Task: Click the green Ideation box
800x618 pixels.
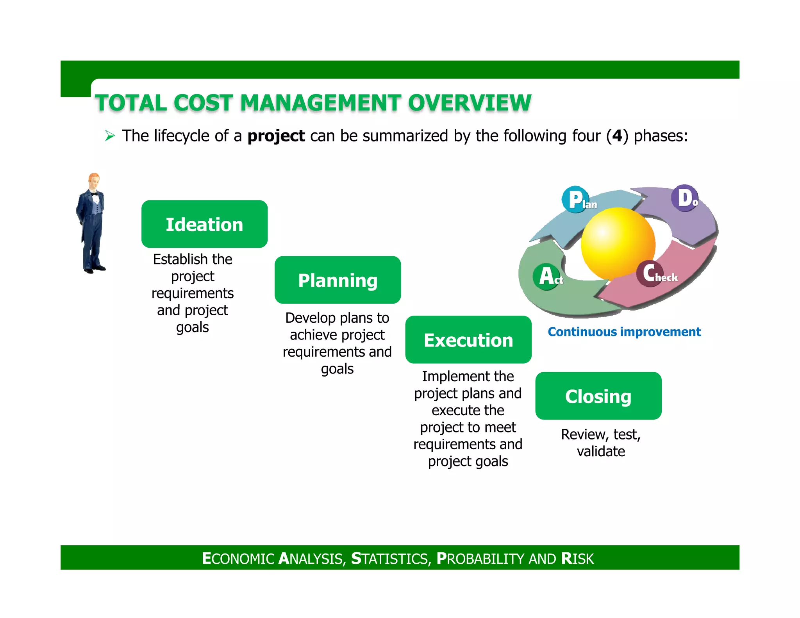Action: coord(204,224)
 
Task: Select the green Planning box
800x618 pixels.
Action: coord(337,280)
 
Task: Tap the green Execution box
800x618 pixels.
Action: coord(468,340)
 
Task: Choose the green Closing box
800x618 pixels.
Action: coord(598,396)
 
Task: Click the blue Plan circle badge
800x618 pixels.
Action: coord(575,200)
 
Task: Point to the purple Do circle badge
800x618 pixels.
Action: coord(685,198)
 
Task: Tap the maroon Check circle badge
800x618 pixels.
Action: coord(650,273)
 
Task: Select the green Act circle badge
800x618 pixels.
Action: coord(546,277)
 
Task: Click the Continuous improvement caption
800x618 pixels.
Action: coord(624,332)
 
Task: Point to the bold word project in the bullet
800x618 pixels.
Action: coord(276,136)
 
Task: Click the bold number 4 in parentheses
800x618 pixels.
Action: coord(617,136)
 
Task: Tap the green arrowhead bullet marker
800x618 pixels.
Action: coord(110,136)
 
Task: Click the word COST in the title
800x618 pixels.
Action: coord(203,103)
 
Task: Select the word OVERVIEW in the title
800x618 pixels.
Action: coord(470,103)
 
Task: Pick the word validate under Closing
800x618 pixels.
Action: coord(601,452)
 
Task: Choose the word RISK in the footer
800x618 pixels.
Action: coord(577,559)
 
